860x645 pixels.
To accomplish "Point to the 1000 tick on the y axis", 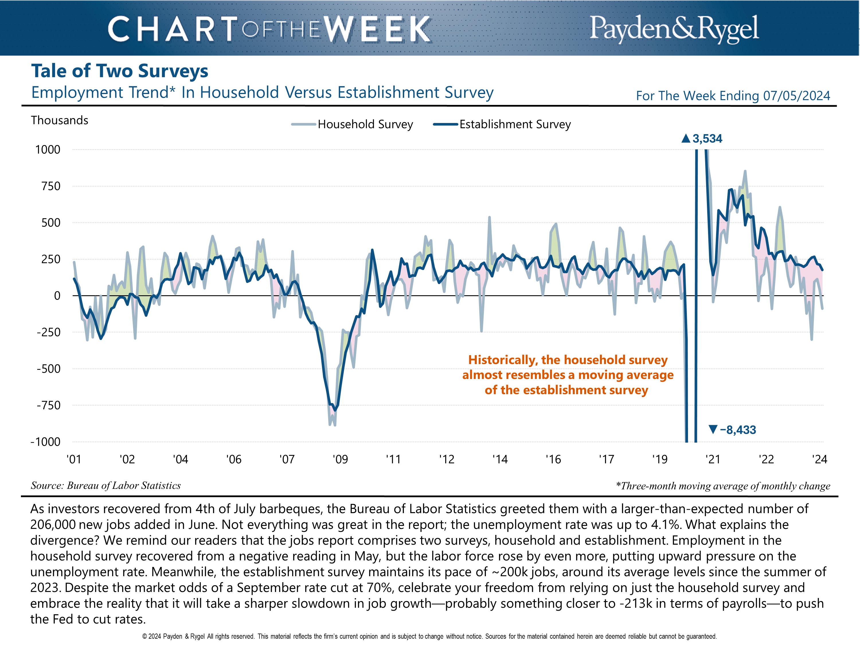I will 48,150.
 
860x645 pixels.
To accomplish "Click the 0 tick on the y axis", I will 57,296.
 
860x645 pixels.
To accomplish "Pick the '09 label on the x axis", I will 340,460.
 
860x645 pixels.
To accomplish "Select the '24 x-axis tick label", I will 820,460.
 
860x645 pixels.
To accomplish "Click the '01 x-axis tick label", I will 74,460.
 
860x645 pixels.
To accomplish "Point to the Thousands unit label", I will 60,120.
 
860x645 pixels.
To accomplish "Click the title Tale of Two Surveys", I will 120,71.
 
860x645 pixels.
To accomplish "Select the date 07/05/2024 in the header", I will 796,96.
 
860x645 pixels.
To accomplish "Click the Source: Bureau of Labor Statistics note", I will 106,486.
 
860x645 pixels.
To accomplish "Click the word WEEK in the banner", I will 377,29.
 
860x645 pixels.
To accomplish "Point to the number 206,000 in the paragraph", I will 52,525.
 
